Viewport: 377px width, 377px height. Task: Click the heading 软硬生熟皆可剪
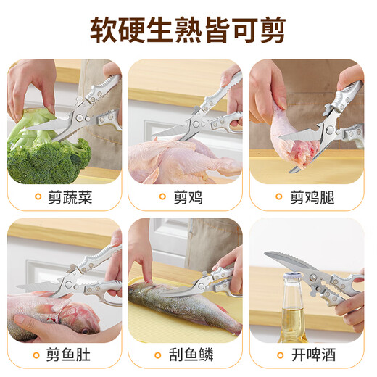[x=188, y=30]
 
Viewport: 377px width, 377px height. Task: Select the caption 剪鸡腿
[x=312, y=196]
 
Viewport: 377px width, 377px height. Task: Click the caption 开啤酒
[x=312, y=356]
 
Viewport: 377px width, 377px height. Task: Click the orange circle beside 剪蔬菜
[x=37, y=197]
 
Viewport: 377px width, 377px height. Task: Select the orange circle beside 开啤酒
[x=278, y=356]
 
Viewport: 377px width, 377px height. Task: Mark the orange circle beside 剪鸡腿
[x=278, y=197]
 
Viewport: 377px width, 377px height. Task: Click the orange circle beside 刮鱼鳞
[x=158, y=356]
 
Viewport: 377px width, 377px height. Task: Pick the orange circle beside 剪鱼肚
[x=37, y=356]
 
